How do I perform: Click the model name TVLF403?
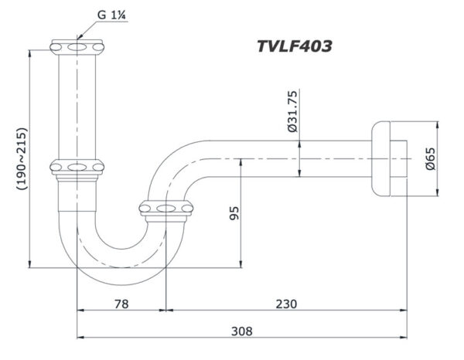click(294, 46)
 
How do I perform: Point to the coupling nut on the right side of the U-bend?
click(165, 207)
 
